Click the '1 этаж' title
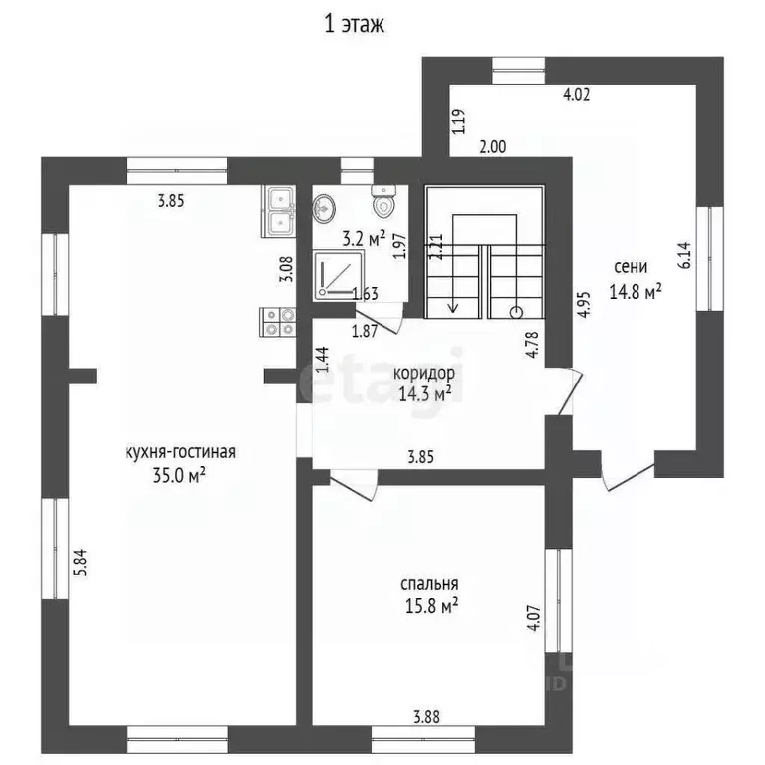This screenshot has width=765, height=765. click(x=355, y=24)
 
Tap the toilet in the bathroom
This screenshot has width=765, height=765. click(x=383, y=201)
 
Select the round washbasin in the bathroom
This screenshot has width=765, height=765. click(x=324, y=209)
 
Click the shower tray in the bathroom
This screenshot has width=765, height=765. click(x=339, y=275)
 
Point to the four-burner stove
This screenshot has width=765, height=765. click(x=278, y=322)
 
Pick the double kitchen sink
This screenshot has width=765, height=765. click(x=279, y=212)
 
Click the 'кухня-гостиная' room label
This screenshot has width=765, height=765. click(x=180, y=452)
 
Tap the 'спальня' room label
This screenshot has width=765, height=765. click(x=429, y=584)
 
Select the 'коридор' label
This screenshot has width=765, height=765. click(x=424, y=374)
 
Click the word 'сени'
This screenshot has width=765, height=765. click(x=631, y=266)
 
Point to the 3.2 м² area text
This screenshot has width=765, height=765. click(x=364, y=239)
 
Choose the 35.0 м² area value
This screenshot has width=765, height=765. click(x=179, y=475)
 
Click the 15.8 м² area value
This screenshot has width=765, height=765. click(x=431, y=606)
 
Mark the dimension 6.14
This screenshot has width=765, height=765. click(x=684, y=256)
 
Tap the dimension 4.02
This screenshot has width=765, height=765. click(x=576, y=94)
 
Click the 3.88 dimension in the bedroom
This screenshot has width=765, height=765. click(x=427, y=717)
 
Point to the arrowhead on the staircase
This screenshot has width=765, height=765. click(x=454, y=308)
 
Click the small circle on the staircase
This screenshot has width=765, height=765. click(x=516, y=312)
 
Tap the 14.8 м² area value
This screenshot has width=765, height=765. click(x=636, y=292)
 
